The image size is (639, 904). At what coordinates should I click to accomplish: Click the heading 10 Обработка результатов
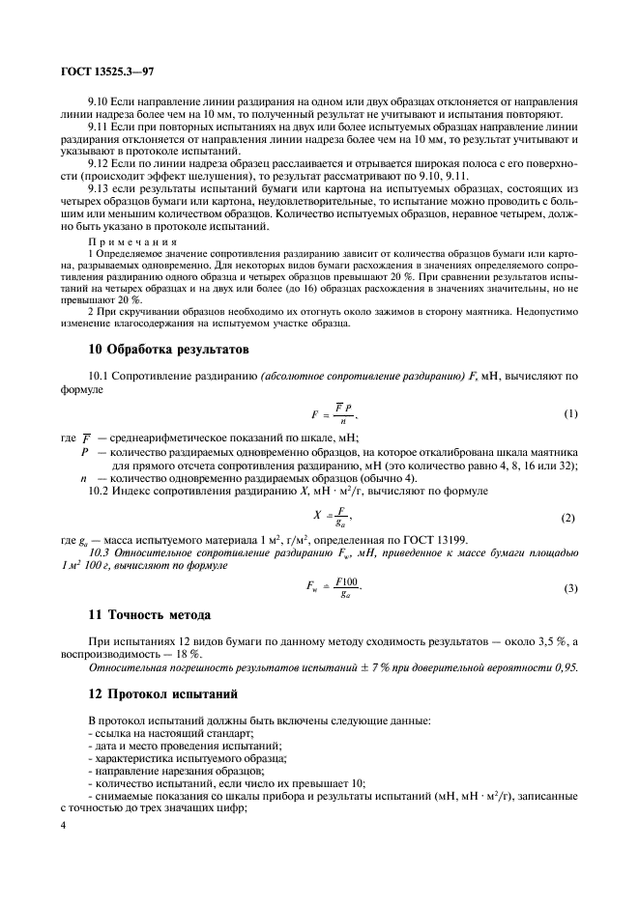click(169, 348)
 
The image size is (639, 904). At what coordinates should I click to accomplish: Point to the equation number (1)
click(570, 413)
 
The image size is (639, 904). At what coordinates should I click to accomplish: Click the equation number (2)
click(570, 518)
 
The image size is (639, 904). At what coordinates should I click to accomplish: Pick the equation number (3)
click(570, 587)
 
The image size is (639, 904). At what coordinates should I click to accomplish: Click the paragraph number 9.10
click(99, 101)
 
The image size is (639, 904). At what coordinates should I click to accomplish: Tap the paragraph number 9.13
click(99, 189)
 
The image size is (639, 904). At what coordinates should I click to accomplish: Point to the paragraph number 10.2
click(100, 492)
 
